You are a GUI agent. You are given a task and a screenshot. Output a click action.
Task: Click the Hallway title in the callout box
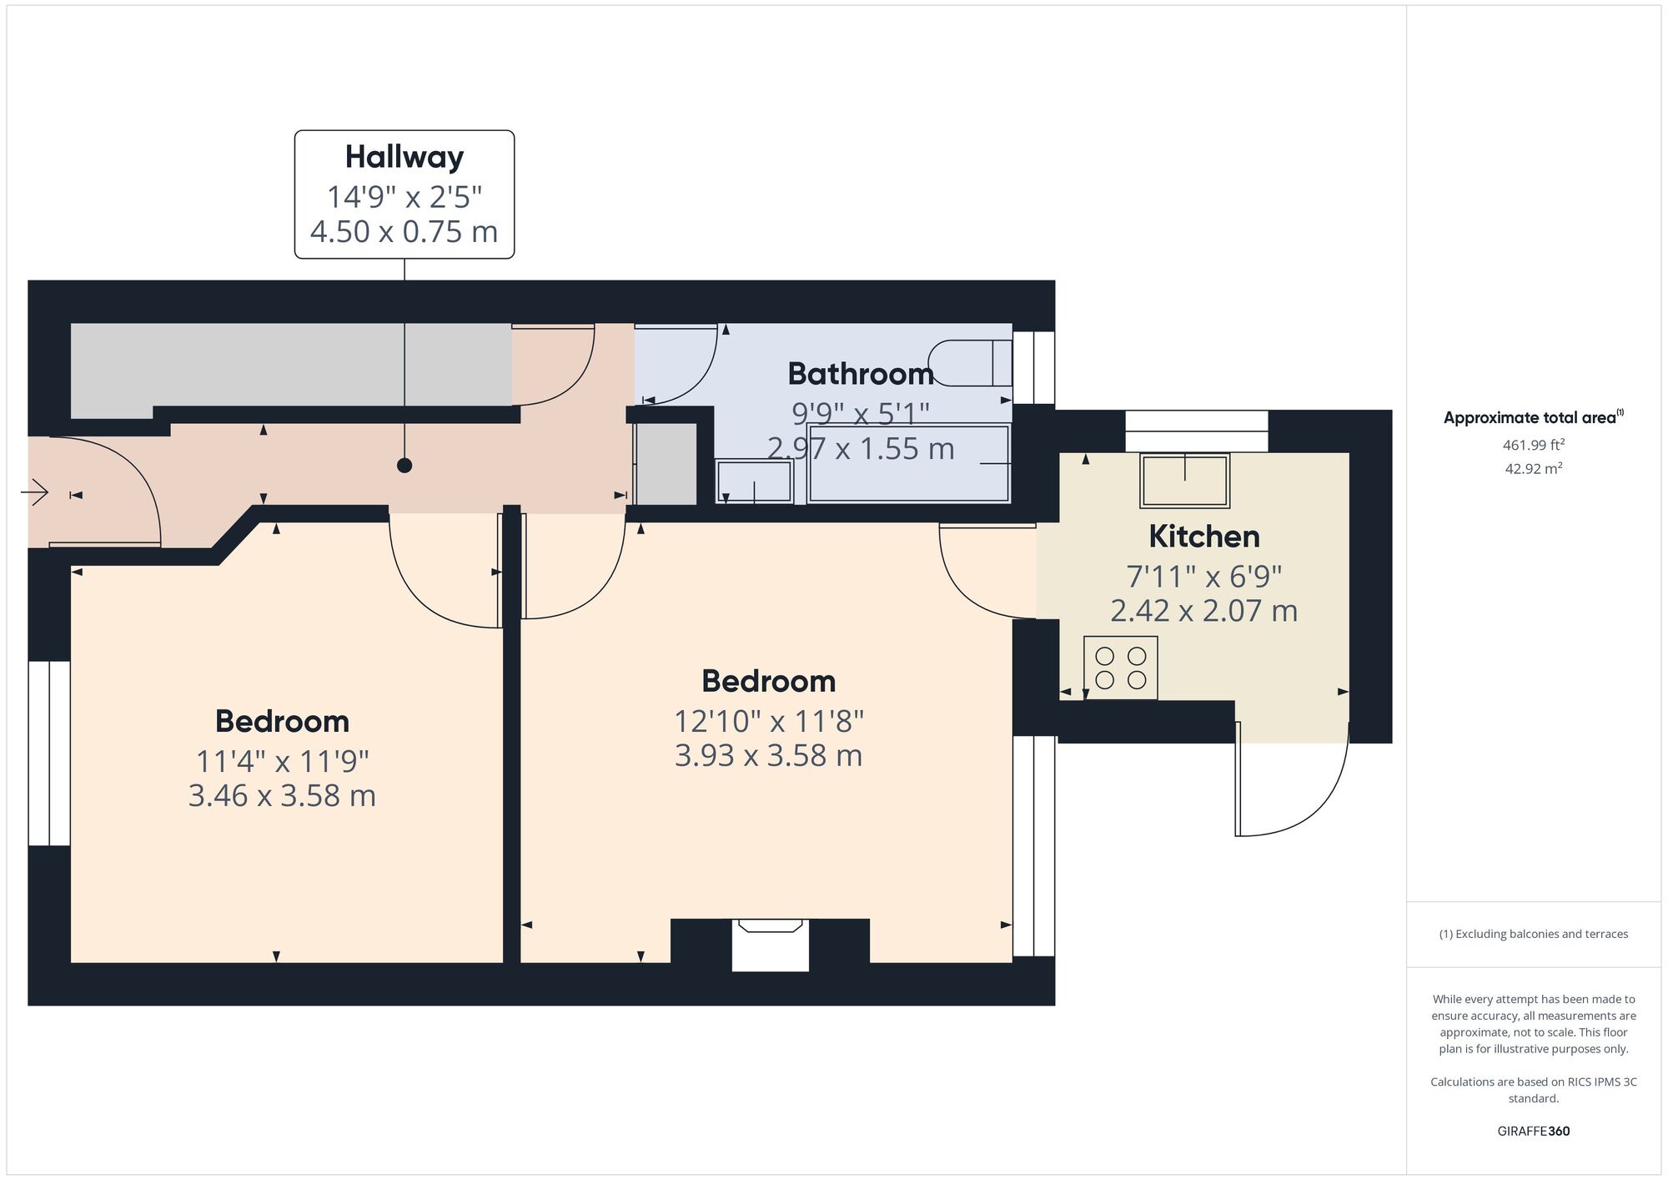404,157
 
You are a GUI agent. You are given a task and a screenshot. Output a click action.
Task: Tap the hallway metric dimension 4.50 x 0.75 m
404,231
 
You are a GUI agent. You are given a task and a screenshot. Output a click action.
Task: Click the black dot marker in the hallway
404,466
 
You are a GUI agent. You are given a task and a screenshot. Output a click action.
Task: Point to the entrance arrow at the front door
35,493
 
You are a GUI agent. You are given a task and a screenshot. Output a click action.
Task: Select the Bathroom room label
860,374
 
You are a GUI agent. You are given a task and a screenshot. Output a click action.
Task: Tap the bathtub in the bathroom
908,464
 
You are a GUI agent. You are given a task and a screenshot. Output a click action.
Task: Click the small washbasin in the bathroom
755,482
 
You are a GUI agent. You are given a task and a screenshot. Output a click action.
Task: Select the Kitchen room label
1203,537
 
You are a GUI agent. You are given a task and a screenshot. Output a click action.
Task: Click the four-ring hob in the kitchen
1120,668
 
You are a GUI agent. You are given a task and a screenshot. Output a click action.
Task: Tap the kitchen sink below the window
1184,480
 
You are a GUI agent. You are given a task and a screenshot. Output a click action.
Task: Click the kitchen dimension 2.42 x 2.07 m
1203,611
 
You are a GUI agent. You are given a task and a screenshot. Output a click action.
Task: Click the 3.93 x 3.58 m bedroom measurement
768,755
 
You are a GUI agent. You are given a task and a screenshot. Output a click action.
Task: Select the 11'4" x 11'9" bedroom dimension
282,761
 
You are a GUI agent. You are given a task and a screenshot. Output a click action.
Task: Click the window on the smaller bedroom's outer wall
49,754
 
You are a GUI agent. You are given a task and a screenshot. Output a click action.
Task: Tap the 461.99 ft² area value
1533,445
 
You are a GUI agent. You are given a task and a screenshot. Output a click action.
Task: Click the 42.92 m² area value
1533,469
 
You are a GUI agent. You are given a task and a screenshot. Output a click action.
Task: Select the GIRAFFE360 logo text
1533,1132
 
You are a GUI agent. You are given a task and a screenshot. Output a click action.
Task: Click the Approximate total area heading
1531,418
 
